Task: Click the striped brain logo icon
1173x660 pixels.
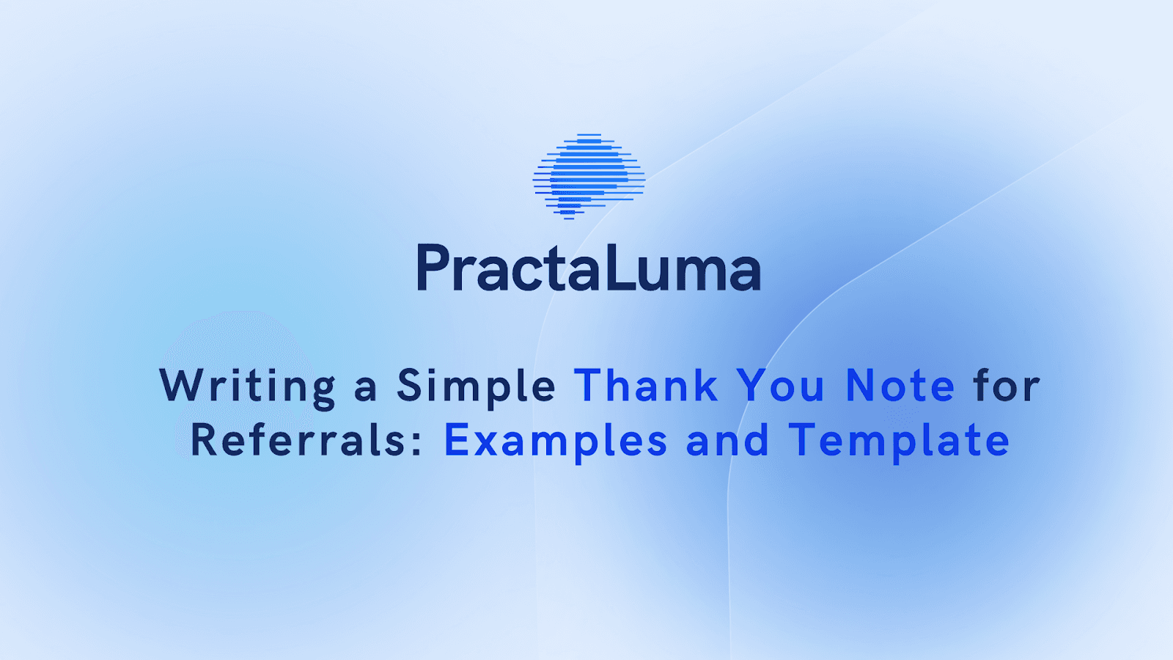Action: point(589,177)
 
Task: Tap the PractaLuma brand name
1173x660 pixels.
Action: point(589,268)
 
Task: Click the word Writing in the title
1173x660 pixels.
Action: point(247,388)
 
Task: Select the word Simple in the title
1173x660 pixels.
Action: point(476,388)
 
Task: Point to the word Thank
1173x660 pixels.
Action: point(646,386)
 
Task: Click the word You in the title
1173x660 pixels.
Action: point(780,386)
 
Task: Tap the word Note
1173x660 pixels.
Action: point(900,386)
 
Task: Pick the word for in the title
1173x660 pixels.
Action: point(1007,385)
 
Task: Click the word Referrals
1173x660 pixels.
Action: point(298,439)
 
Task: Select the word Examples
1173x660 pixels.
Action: point(556,443)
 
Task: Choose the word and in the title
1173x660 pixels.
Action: point(727,439)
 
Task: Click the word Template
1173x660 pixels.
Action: point(899,443)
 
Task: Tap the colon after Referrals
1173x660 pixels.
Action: point(417,443)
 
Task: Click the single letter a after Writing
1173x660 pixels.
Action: point(366,391)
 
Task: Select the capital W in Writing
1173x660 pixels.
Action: point(180,385)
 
